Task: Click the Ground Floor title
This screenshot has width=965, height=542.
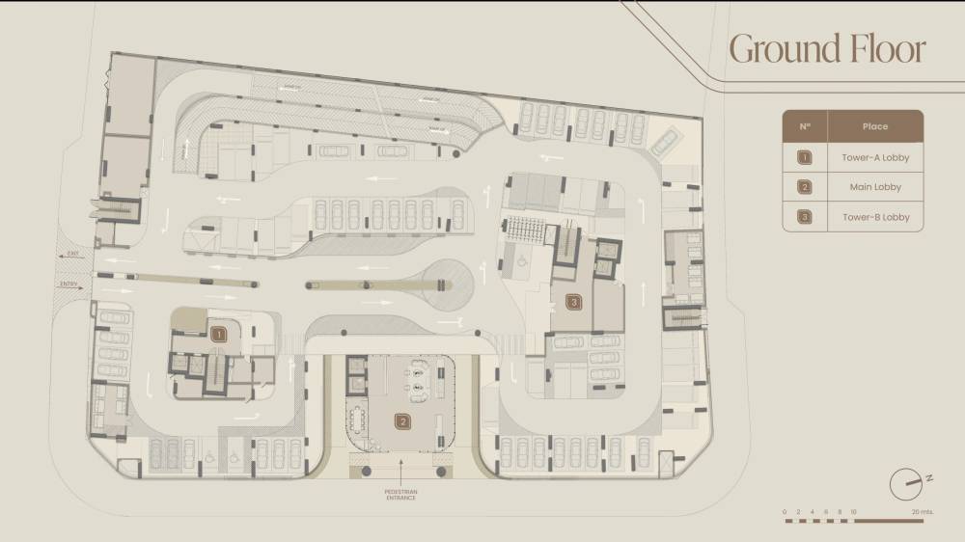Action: click(x=827, y=49)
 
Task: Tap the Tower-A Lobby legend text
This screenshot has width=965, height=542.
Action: click(x=875, y=157)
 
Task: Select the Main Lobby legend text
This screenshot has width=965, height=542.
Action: click(x=875, y=187)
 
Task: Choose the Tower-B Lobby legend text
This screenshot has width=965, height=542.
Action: click(x=875, y=217)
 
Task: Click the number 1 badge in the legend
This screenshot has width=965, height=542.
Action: click(x=805, y=157)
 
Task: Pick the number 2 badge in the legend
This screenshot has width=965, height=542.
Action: click(x=805, y=187)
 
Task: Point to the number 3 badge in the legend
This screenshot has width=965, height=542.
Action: click(x=805, y=217)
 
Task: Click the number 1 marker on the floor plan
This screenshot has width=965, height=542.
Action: click(x=219, y=335)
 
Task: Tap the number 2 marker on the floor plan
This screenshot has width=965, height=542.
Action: click(x=401, y=420)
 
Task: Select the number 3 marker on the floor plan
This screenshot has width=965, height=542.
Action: click(x=574, y=303)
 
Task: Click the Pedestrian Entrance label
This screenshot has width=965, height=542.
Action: click(x=400, y=495)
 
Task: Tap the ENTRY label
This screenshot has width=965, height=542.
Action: click(x=69, y=285)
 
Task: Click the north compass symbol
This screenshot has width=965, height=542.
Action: click(x=907, y=481)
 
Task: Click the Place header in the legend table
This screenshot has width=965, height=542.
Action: click(x=875, y=126)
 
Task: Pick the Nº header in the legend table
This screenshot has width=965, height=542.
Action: click(x=805, y=126)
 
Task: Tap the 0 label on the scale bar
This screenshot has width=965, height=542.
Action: click(x=785, y=511)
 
